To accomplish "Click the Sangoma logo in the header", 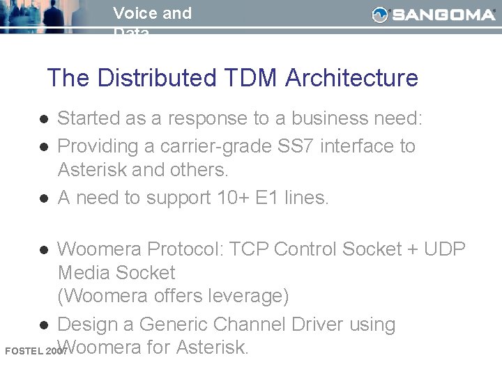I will pos(433,15).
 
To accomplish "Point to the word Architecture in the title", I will pos(351,78).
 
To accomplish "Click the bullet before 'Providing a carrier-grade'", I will pos(43,147).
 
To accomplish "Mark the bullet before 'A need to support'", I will pos(43,198).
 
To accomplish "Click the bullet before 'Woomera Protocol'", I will pos(43,250).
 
